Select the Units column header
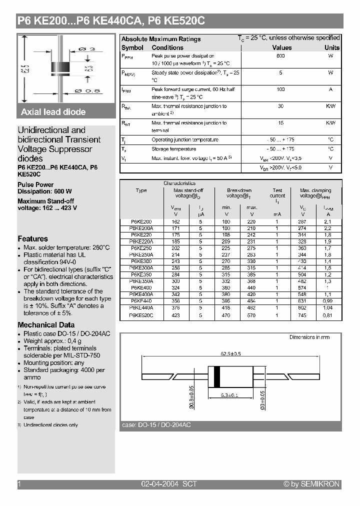click(x=331, y=47)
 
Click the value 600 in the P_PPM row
click(x=280, y=56)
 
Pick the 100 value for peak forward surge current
click(x=280, y=89)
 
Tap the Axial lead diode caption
click(x=53, y=112)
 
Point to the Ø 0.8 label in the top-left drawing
click(x=87, y=90)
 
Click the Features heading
click(x=33, y=239)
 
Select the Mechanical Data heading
click(x=46, y=325)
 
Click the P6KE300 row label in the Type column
click(x=141, y=260)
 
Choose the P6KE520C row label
click(x=141, y=315)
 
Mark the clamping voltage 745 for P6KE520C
click(x=302, y=315)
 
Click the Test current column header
click(x=277, y=193)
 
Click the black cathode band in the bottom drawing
click(x=216, y=376)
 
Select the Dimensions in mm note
click(x=309, y=337)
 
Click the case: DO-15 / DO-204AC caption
click(x=156, y=425)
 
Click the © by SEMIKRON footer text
click(x=311, y=484)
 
